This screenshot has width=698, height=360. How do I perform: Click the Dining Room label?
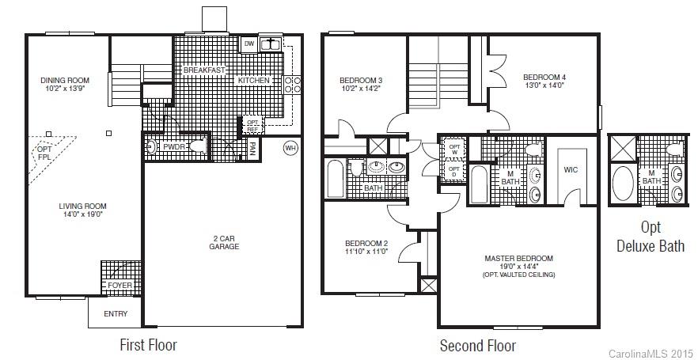pyautogui.click(x=65, y=80)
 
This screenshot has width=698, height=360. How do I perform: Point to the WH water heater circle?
pyautogui.click(x=291, y=148)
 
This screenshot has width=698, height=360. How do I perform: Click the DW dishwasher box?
pyautogui.click(x=248, y=44)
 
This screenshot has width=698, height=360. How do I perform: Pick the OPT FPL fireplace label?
pyautogui.click(x=44, y=153)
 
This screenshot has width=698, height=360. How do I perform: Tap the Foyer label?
pyautogui.click(x=119, y=286)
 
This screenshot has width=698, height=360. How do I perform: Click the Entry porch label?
pyautogui.click(x=116, y=314)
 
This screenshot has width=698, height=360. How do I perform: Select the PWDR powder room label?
pyautogui.click(x=174, y=146)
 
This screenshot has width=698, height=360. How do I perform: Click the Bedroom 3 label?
pyautogui.click(x=361, y=81)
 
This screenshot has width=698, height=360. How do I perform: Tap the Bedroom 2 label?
pyautogui.click(x=366, y=243)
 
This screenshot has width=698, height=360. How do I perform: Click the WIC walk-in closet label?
pyautogui.click(x=571, y=170)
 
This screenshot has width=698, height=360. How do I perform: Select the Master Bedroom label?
pyautogui.click(x=518, y=258)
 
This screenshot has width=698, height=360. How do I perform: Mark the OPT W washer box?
pyautogui.click(x=454, y=150)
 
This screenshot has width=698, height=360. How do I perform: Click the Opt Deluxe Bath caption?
pyautogui.click(x=651, y=237)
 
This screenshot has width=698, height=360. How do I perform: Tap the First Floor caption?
pyautogui.click(x=148, y=345)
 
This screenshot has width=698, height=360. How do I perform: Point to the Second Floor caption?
pyautogui.click(x=477, y=346)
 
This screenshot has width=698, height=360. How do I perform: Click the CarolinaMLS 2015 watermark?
pyautogui.click(x=650, y=351)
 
